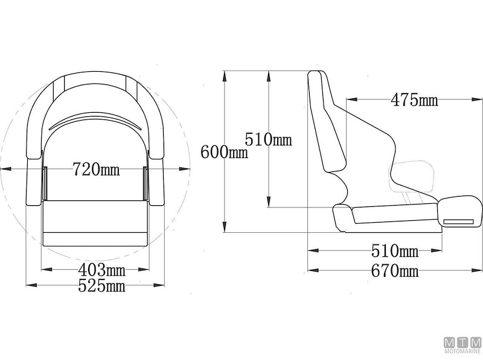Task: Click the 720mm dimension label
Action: coord(96,169)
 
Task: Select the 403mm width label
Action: coord(101,270)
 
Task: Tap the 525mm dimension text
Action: coord(101,285)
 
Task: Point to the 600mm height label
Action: coord(224,152)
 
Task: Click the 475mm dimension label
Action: coord(414,100)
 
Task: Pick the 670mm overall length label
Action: coord(395,271)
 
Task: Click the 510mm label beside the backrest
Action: coord(268,139)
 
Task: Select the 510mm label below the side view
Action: coord(395,251)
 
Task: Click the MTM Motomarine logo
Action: coord(462,345)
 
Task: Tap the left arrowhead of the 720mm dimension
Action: coord(5,169)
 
